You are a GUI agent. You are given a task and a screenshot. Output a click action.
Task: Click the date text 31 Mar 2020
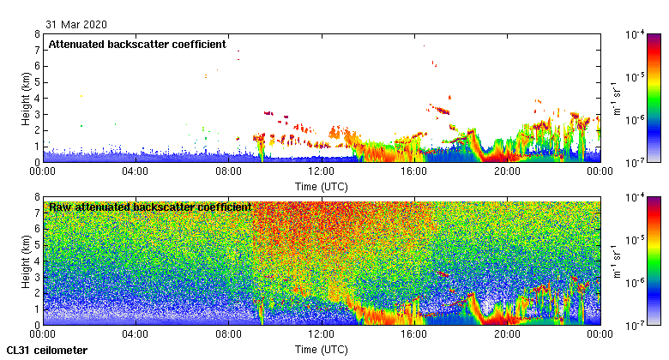coord(76,24)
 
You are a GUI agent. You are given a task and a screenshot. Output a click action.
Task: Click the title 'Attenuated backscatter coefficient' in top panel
coord(136,44)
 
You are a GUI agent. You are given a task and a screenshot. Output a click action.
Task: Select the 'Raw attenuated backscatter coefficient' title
coord(149,207)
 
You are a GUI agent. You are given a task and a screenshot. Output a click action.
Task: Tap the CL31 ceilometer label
coord(47,351)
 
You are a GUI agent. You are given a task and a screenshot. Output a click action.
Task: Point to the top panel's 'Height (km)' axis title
coord(27,98)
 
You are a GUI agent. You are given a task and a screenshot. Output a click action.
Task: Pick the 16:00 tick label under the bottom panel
coord(413,335)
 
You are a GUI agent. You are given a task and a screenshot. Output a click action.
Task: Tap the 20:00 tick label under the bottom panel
coord(506,335)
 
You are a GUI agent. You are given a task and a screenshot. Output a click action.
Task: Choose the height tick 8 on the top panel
coord(37,34)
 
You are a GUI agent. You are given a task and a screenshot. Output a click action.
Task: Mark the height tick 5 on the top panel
coord(37,82)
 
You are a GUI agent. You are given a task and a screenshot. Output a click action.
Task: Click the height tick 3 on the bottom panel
coord(37,277)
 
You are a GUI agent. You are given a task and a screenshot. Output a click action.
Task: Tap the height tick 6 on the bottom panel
coord(37,229)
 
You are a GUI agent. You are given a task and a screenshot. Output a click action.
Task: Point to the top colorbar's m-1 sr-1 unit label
coord(617,98)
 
